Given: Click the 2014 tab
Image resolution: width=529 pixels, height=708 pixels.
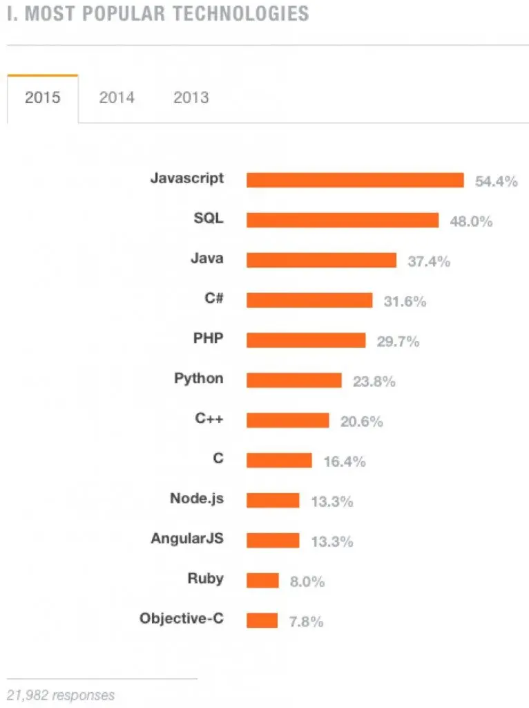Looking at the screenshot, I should coord(117,97).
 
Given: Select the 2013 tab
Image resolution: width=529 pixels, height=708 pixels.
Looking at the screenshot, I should coord(191,97).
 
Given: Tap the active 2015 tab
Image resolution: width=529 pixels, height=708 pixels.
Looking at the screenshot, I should coord(43,97).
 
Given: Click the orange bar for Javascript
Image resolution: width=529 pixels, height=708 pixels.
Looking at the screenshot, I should coord(355,180).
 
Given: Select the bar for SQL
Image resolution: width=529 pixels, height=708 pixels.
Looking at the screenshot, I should coord(343,221).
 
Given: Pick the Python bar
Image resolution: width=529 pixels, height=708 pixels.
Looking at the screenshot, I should coord(294,380).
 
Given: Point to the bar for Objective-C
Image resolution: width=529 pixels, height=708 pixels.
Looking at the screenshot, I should coord(262,620).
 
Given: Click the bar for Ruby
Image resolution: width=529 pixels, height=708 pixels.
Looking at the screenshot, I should coord(263,580).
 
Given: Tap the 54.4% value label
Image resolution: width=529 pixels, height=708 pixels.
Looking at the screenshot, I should coord(496,182).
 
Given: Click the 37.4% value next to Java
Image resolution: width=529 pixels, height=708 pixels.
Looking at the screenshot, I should coord(429,261).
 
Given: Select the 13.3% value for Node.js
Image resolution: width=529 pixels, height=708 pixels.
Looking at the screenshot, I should coord(332,502).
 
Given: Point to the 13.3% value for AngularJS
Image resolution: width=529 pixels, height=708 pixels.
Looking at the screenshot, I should coord(332,541).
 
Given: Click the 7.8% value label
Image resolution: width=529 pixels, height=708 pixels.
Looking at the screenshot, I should coord(306,622).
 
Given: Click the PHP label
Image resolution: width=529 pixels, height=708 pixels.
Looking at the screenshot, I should coord(209,339).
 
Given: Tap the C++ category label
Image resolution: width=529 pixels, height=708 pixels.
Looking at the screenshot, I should coord(209,418).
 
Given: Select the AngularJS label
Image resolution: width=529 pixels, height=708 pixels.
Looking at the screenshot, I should coord(187,538).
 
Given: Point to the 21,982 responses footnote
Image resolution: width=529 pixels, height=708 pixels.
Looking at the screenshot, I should coord(61,695).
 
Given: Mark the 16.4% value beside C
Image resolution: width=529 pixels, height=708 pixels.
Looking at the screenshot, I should coord(344,462).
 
